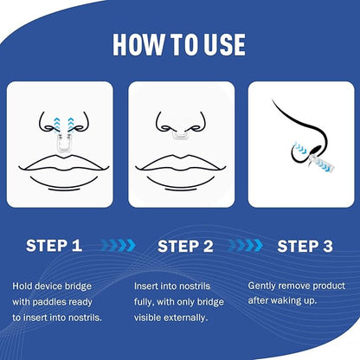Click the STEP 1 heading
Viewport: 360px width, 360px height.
[x=54, y=246]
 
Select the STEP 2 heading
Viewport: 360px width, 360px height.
[x=185, y=246]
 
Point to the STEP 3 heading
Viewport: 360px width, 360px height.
[x=305, y=246]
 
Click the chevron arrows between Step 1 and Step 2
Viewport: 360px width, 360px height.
[x=119, y=245]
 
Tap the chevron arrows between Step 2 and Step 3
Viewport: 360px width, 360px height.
[x=246, y=245]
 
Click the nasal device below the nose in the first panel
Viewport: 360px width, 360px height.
[x=63, y=143]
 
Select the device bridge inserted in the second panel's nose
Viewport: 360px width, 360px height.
[x=180, y=135]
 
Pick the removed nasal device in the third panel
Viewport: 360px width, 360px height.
[x=322, y=162]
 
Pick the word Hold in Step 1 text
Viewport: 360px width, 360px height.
[x=21, y=286]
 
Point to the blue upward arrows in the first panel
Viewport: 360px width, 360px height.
[x=64, y=125]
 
